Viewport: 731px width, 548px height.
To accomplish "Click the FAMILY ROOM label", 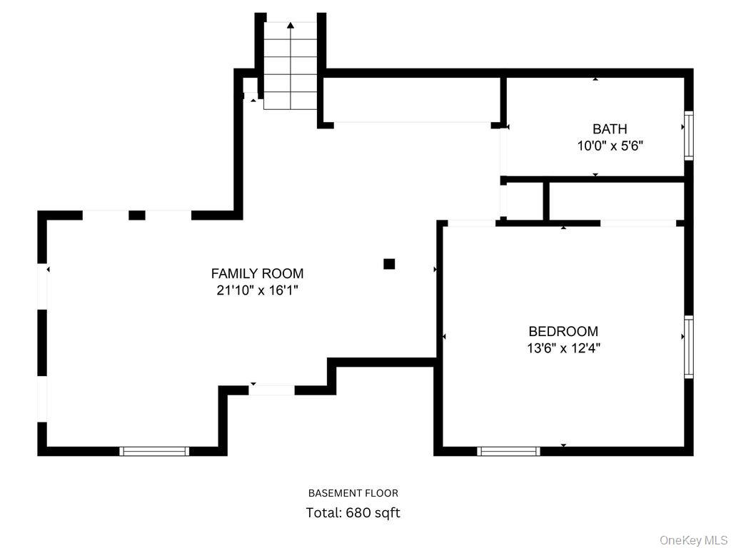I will [x=257, y=273].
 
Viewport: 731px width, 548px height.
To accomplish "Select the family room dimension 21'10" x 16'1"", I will [x=257, y=290].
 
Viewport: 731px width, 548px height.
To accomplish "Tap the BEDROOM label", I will [x=563, y=331].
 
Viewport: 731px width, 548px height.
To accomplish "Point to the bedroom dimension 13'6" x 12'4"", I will [x=563, y=348].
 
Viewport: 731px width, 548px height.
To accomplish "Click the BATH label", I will [x=610, y=129].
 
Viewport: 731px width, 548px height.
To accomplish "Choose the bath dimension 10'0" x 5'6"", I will [x=610, y=146].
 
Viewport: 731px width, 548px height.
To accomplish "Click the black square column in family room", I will [x=389, y=264].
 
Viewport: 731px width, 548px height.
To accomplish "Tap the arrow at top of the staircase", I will [x=291, y=26].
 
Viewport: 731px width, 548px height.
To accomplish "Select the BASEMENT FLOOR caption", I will [x=353, y=493].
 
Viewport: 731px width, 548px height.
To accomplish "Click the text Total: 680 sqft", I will [x=353, y=512].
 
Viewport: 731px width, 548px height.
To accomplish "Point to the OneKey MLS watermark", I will [x=693, y=539].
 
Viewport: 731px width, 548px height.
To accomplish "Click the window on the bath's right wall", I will [x=688, y=135].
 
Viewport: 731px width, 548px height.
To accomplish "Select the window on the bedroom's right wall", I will [x=688, y=346].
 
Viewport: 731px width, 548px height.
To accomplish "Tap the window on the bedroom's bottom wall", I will [x=508, y=451].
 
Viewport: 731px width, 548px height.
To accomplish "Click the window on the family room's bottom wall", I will [x=153, y=451].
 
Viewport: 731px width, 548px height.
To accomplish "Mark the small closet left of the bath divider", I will [x=525, y=201].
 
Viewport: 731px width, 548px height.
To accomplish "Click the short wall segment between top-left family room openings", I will [x=136, y=215].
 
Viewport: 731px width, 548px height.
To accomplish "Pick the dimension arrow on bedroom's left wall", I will [x=444, y=336].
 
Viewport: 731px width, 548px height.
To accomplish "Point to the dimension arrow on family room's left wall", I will [x=48, y=269].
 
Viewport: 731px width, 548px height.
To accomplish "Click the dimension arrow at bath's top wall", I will [x=595, y=78].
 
